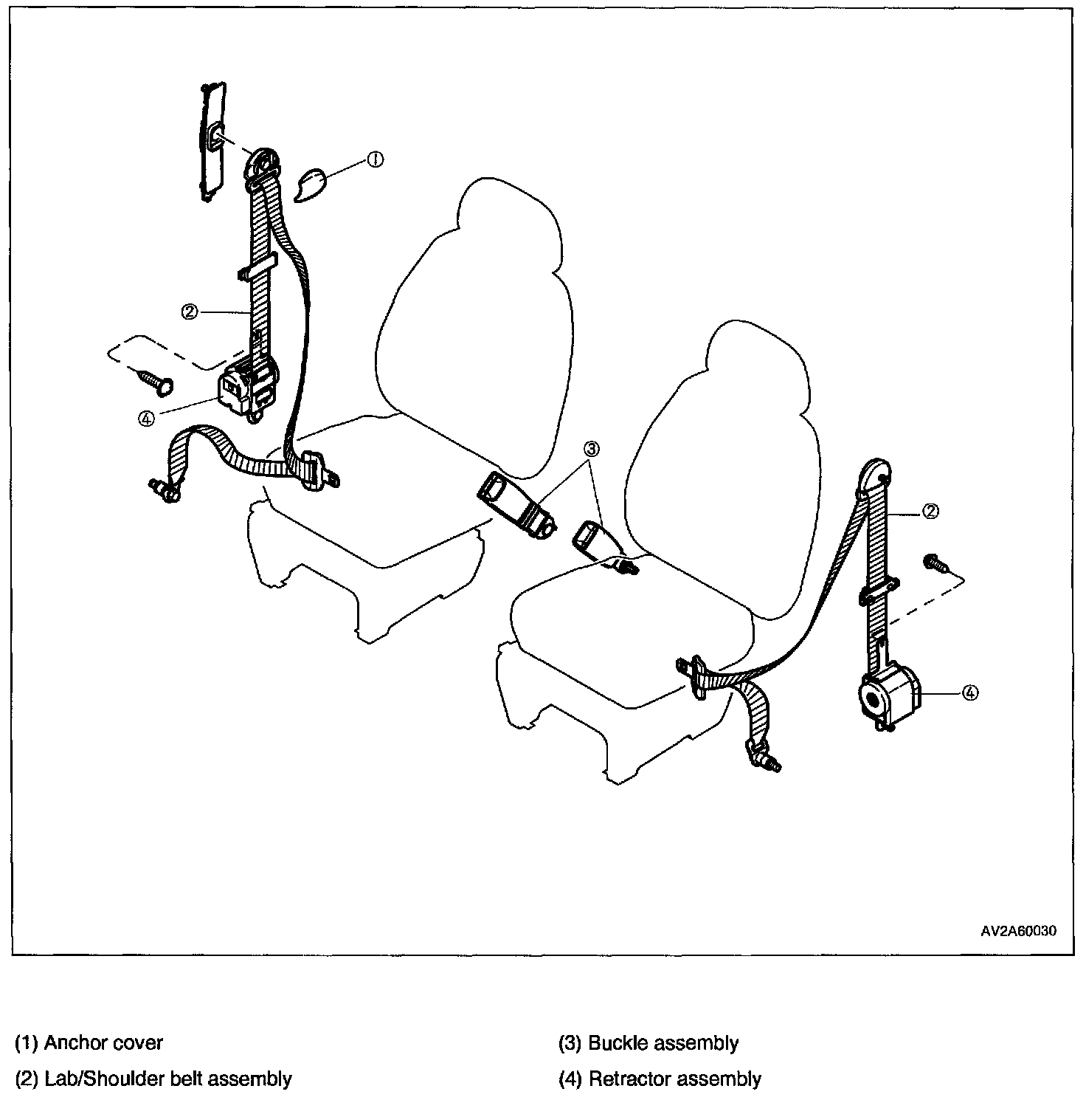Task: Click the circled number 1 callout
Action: click(x=376, y=160)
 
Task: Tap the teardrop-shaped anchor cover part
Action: click(x=311, y=184)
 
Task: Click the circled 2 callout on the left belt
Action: click(x=190, y=312)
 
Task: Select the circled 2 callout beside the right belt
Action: click(x=931, y=511)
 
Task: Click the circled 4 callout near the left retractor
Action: click(x=146, y=418)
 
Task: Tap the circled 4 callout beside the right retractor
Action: click(x=970, y=692)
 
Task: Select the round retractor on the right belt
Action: click(x=885, y=694)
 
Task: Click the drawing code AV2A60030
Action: click(x=1018, y=932)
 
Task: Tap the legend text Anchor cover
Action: click(x=103, y=1043)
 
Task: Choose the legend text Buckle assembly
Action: click(x=663, y=1043)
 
